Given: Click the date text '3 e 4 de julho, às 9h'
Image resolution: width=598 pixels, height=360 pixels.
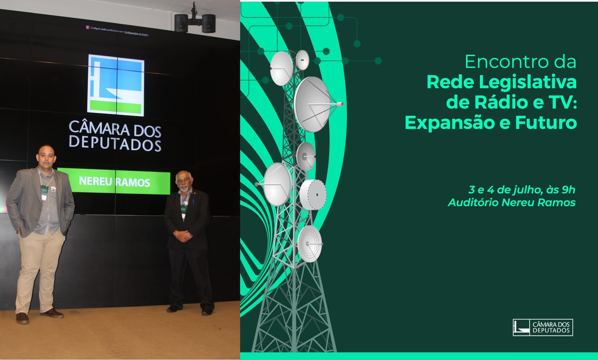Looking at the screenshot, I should point(521,190).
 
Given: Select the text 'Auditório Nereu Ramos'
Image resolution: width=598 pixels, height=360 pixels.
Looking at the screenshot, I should point(511,202).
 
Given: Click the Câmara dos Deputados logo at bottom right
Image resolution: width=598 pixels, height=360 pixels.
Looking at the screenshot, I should point(543,327).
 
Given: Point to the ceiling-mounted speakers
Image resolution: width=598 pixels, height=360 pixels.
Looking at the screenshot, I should point(195,23).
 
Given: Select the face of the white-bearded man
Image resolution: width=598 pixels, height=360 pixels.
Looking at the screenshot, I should point(183,183).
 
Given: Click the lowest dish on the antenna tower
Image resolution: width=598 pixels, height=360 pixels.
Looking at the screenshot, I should point(309,244).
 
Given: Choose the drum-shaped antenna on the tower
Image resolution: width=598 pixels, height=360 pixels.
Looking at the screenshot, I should point(313,195).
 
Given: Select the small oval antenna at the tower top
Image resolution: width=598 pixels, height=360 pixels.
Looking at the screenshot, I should point(302,60).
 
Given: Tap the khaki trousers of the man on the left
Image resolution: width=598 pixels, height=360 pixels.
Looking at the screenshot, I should point(40,265).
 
